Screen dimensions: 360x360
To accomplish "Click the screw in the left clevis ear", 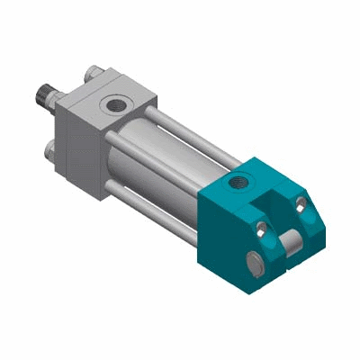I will pos(262,229).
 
